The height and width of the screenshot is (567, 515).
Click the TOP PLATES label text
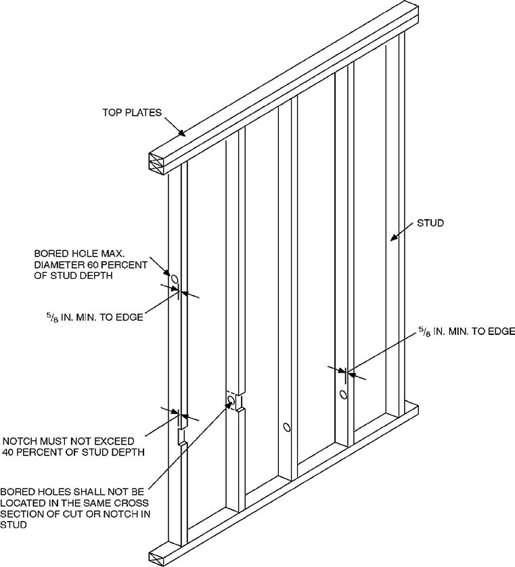pyautogui.click(x=132, y=112)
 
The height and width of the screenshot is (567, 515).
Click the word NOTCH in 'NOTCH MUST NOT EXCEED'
pyautogui.click(x=19, y=440)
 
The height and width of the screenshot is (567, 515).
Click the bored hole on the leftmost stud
pyautogui.click(x=174, y=279)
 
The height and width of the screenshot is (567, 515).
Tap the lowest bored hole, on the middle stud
pyautogui.click(x=286, y=428)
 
